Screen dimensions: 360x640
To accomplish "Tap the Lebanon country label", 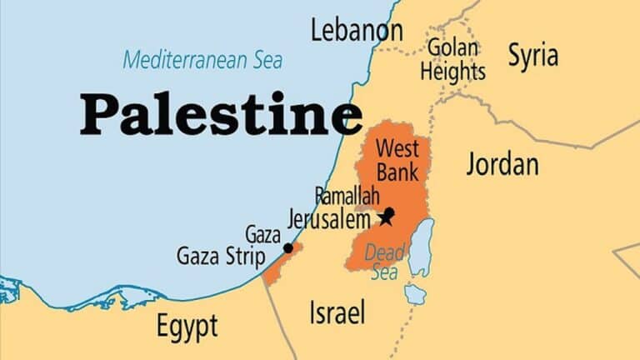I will coord(356,32).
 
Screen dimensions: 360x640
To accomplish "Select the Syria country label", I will coord(533,57).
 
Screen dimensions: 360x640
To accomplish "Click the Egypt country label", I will coord(187,325).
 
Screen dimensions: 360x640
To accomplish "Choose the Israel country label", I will coord(337,313).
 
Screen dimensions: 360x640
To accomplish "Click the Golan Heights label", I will coord(452,59).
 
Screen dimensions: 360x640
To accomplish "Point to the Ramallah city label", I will coord(347,196).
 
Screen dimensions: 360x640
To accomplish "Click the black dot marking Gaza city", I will coord(288,247).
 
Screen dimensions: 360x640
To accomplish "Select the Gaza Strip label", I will coord(221,256).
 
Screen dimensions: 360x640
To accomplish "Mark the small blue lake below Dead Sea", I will coord(414,293).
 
